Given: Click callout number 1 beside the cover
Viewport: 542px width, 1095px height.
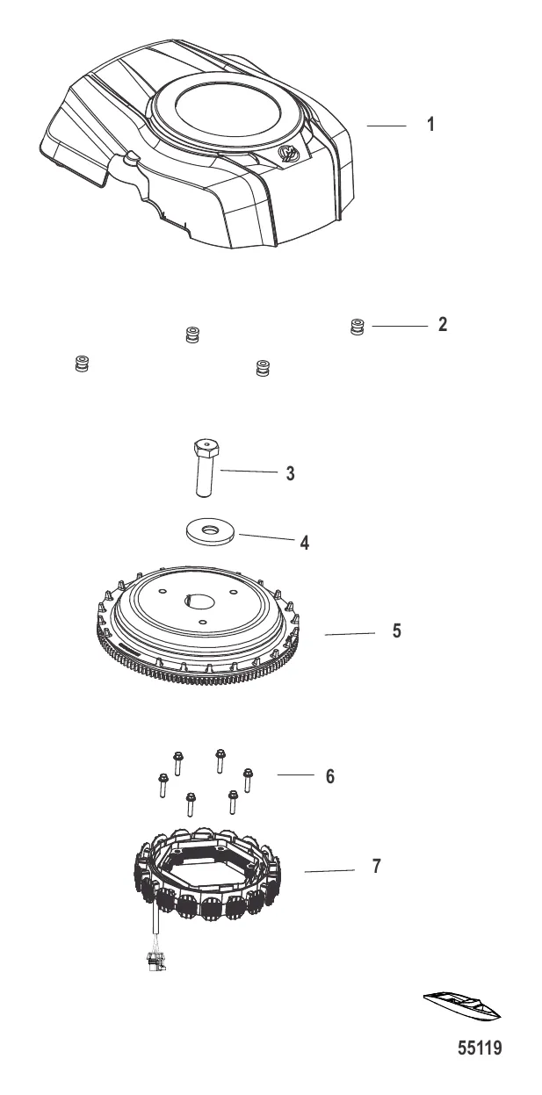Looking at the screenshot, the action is pyautogui.click(x=430, y=125).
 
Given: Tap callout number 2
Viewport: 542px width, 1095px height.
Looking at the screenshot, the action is pyautogui.click(x=442, y=325).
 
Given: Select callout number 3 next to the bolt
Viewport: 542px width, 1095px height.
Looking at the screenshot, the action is pyautogui.click(x=290, y=473).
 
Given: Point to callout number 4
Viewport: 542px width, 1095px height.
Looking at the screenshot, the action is pyautogui.click(x=304, y=543).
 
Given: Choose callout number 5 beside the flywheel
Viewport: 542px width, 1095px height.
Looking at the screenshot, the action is pyautogui.click(x=397, y=630).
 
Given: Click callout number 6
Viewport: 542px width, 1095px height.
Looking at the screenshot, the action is pyautogui.click(x=330, y=775).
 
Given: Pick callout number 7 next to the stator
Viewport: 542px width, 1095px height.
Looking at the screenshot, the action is pyautogui.click(x=376, y=866).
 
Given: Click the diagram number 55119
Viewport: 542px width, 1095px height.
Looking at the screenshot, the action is pyautogui.click(x=480, y=1048).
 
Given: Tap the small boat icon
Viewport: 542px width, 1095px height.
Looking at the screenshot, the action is pyautogui.click(x=462, y=1006).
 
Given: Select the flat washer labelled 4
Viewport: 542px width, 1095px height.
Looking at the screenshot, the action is pyautogui.click(x=210, y=531).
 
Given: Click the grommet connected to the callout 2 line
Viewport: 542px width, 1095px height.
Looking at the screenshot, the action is pyautogui.click(x=358, y=327).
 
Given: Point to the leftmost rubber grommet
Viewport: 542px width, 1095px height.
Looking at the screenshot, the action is pyautogui.click(x=82, y=364).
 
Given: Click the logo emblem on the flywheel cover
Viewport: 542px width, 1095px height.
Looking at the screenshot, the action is pyautogui.click(x=289, y=154).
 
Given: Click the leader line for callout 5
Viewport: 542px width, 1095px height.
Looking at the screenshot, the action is pyautogui.click(x=350, y=633).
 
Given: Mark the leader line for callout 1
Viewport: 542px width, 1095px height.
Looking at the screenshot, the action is pyautogui.click(x=387, y=126).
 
